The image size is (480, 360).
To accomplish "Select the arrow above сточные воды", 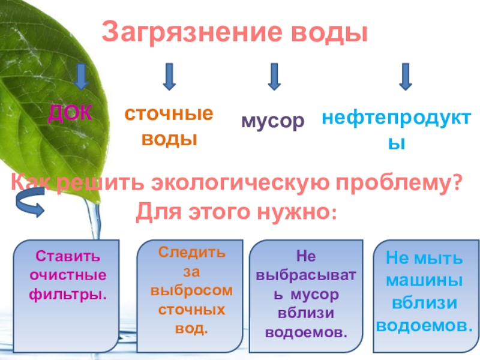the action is tap(169, 77).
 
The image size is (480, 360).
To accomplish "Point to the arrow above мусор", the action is tap(274, 77).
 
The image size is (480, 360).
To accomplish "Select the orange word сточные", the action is tap(169, 114).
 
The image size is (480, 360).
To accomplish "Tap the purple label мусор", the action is tap(273, 121).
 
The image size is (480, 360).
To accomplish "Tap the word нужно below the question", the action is tap(289, 211).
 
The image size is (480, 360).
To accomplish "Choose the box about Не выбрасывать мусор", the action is tap(305, 294).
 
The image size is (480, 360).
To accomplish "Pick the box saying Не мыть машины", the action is tap(424, 294).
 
